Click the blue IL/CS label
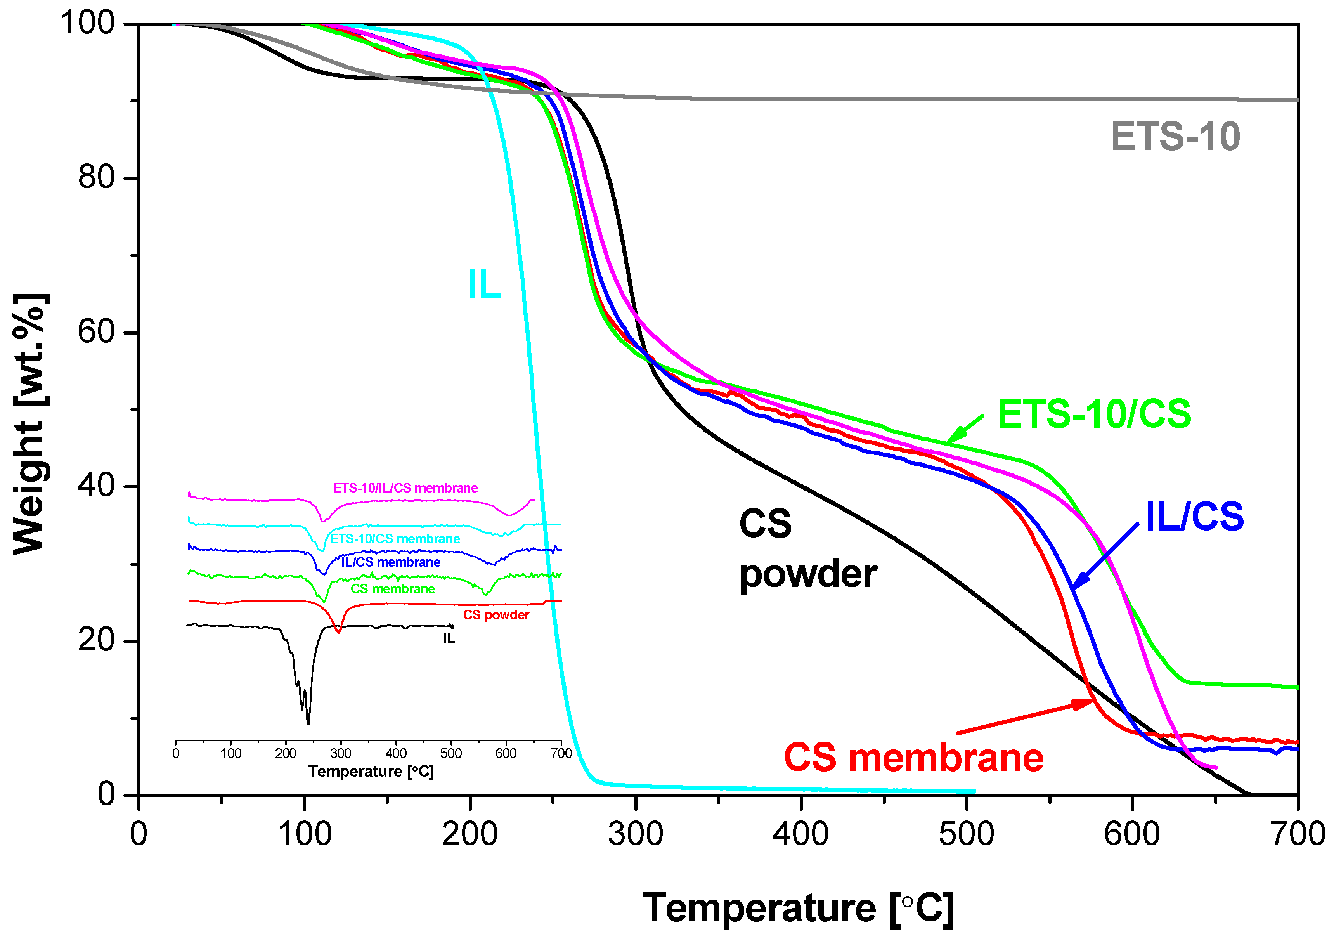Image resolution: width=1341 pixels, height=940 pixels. [x=1194, y=517]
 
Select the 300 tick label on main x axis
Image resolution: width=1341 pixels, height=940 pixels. [x=636, y=834]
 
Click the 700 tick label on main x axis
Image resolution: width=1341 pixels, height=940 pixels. [x=1298, y=834]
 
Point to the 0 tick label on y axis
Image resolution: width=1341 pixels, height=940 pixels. [x=106, y=794]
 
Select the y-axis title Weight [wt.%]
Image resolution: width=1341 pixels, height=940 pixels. [x=29, y=423]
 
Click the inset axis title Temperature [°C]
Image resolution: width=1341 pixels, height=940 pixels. [x=371, y=772]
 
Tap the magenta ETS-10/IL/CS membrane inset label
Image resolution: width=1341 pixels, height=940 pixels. [x=405, y=488]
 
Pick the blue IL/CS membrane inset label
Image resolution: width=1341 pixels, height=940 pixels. [x=391, y=562]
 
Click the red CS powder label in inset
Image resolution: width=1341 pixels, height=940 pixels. [x=496, y=615]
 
